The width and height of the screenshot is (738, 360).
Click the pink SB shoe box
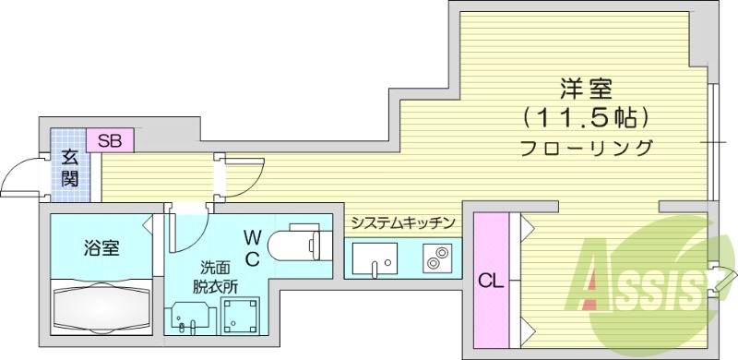pos(110,141)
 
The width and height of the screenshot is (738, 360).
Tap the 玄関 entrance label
pos(69,168)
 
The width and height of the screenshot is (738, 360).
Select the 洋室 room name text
pos(582,90)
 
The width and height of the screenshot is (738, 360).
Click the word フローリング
pos(587,148)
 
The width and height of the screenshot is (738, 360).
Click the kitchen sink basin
pos(375,258)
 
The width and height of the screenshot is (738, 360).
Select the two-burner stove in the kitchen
pos(435,258)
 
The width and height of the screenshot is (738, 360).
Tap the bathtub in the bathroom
pos(101,305)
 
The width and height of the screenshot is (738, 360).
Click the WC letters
pos(252,246)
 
